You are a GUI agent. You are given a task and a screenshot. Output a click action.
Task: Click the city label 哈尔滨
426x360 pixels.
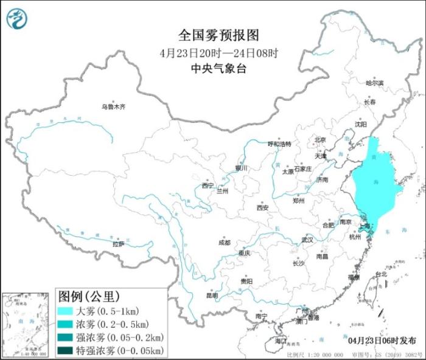point(375,82)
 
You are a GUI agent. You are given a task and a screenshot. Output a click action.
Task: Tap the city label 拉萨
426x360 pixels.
point(119,244)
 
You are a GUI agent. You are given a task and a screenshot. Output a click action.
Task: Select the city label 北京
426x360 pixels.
point(320,140)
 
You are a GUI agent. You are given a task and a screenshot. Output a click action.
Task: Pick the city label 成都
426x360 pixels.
point(224,242)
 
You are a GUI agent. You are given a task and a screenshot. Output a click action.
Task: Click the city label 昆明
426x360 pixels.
point(212,296)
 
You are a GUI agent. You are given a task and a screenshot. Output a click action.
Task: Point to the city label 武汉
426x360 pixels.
point(308,240)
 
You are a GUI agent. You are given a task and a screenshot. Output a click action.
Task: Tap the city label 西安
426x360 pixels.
point(262,207)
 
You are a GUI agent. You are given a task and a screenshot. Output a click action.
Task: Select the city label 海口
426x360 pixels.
point(280,342)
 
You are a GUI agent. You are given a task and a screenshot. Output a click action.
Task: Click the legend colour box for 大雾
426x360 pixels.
point(66,311)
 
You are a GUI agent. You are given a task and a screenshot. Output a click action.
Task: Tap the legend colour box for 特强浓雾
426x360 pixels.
point(66,351)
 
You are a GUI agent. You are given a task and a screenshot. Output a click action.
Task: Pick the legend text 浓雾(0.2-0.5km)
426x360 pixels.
point(112,324)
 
